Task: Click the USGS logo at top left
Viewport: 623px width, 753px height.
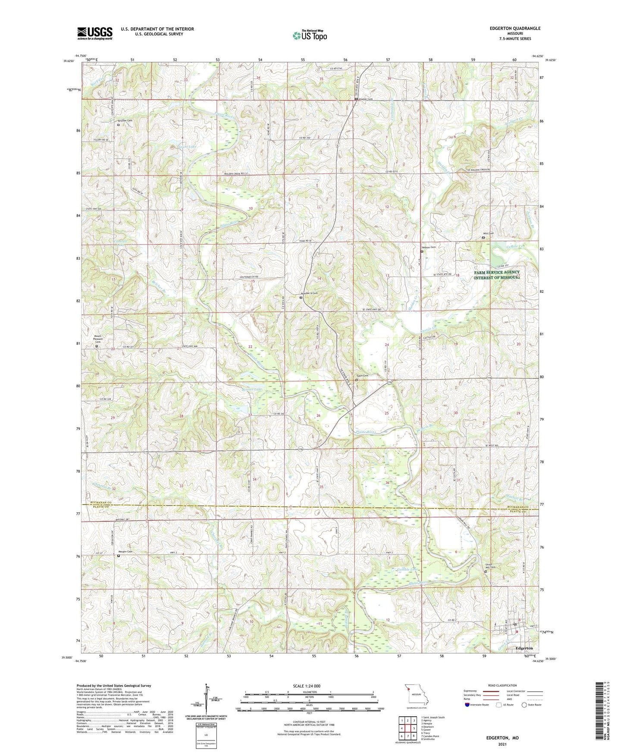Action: pos(95,33)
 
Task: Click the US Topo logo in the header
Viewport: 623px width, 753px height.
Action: pos(309,35)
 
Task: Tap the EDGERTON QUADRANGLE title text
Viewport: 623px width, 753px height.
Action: pos(515,28)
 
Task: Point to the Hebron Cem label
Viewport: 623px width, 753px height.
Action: pos(429,248)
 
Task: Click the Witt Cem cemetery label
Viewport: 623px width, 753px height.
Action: pos(488,233)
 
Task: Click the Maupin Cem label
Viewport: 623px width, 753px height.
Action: pos(125,552)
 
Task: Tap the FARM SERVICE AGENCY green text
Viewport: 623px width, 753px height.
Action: pos(497,273)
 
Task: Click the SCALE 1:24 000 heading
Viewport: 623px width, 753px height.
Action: pos(307,686)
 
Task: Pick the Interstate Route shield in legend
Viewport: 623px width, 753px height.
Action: pos(467,705)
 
